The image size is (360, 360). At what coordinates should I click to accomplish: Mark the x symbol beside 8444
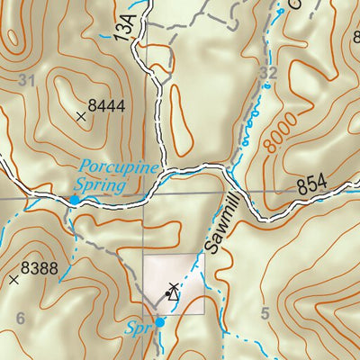coord(81,115)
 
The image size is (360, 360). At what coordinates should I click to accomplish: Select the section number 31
coord(27,81)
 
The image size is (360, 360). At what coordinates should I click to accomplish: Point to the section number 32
coord(266,72)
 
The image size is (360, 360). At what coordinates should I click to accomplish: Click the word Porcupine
coord(118,166)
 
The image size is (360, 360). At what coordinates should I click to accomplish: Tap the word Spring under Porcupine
coord(102,185)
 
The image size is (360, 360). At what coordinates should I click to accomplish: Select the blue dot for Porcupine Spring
coord(74,199)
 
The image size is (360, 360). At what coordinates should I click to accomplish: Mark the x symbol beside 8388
coord(13,280)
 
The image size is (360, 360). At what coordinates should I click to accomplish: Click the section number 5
coord(264,313)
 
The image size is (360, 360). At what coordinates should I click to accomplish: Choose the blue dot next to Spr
coord(159,321)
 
